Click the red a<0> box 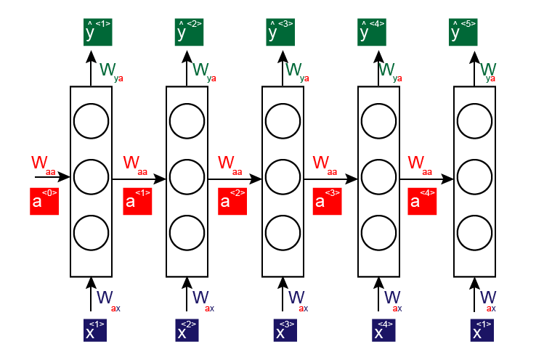(x=44, y=200)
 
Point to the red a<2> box (x=232, y=200)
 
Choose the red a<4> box (x=423, y=200)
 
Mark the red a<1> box (x=137, y=200)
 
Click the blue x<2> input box (x=190, y=330)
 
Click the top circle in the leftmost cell (x=92, y=119)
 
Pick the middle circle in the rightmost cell (x=475, y=176)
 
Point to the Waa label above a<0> (x=43, y=163)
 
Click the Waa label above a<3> (x=325, y=163)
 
